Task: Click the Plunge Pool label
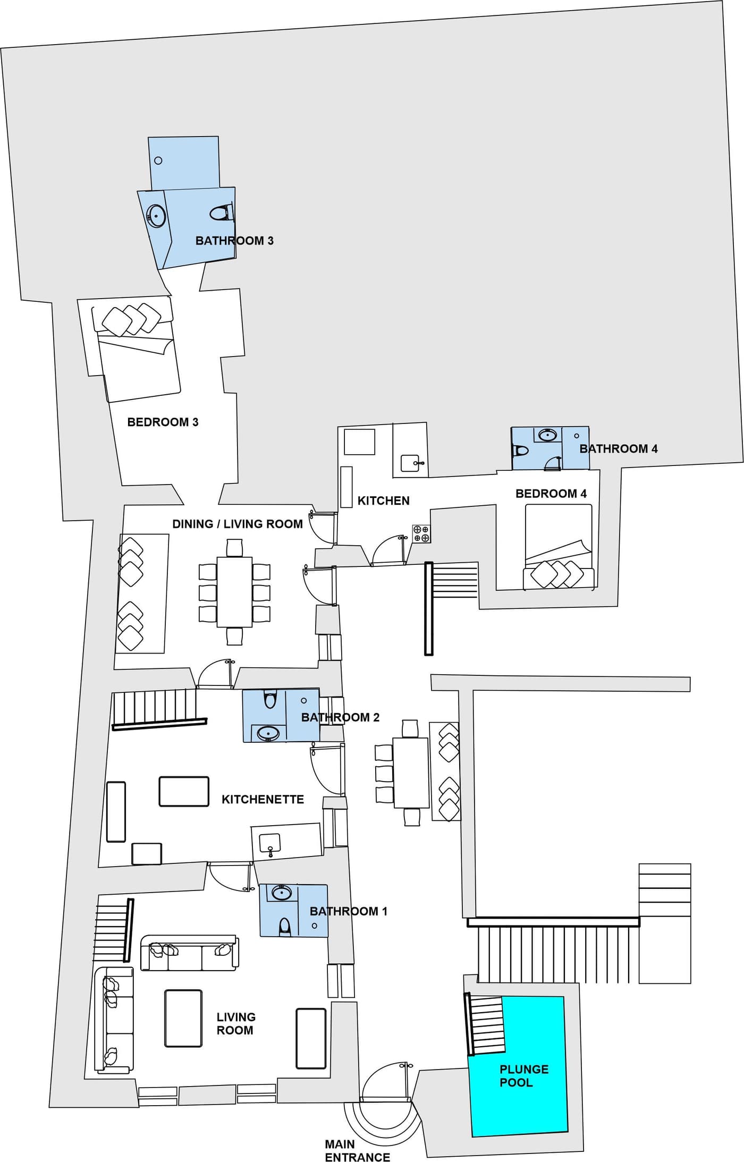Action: tap(524, 1075)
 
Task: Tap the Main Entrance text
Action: tap(357, 1150)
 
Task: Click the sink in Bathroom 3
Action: tap(157, 216)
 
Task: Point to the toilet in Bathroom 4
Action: tap(520, 451)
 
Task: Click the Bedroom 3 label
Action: tap(163, 422)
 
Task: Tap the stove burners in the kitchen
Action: tap(421, 533)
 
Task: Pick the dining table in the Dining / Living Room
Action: tap(234, 591)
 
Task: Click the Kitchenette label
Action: tap(263, 799)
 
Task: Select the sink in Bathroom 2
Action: tap(268, 734)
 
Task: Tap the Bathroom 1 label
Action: tap(349, 911)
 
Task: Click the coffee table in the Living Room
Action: tap(183, 1018)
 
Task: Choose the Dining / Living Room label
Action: tap(238, 524)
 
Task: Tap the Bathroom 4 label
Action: tap(619, 448)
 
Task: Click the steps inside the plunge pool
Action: tap(485, 1025)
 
